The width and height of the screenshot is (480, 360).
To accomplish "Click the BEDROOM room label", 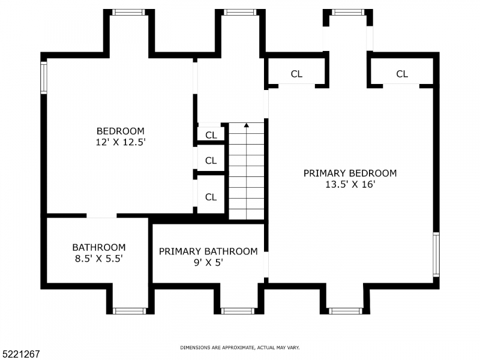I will point(121,131).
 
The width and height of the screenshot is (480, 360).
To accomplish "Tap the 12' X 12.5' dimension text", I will point(121,142).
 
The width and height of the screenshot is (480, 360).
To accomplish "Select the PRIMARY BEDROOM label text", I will point(350,173).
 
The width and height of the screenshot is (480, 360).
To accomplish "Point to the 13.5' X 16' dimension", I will point(350,184).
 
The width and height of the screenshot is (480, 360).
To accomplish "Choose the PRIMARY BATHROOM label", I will point(208,251).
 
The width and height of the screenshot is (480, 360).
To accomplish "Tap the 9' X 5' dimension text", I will point(208,262).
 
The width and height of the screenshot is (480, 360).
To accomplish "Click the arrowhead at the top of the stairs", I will point(246,125).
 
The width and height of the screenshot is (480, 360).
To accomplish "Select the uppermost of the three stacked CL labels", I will point(211,135).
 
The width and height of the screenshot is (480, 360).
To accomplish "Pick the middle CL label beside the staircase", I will point(211,160).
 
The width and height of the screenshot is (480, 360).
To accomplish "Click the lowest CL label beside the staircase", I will point(211,197).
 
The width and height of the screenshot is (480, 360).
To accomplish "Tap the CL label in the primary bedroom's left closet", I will point(296,74).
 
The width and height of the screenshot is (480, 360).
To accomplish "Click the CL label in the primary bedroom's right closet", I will point(402,74).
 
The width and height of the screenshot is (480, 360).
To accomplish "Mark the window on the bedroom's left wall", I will point(43,77).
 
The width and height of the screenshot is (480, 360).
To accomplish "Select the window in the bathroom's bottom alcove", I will point(130,311).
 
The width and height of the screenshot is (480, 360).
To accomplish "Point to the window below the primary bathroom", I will point(238,311).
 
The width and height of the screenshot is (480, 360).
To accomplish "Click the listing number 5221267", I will point(21,354).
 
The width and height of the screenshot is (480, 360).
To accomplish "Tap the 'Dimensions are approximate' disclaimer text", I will point(240,347).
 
